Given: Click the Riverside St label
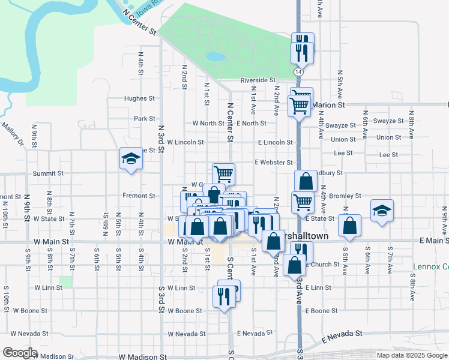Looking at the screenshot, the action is (258, 80).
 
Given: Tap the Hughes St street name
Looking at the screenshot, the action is (139, 98).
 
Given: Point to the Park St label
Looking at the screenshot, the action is (145, 119).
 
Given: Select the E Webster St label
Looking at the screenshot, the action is (273, 163).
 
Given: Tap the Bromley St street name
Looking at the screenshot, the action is (345, 196).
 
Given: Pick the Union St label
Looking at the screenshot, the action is (343, 139).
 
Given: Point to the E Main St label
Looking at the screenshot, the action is (433, 241).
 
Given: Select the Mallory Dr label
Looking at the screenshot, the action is (12, 135).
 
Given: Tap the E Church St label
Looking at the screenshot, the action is (322, 264).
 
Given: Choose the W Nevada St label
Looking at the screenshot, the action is (187, 334).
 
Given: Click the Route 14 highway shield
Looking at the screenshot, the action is (298, 71).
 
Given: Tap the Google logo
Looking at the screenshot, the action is (20, 352).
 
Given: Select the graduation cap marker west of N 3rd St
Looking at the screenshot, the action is (130, 159).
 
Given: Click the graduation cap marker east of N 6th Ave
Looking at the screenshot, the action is (382, 211).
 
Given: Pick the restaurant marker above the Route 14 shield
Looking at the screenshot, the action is (303, 52).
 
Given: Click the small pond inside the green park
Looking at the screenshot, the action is (215, 57).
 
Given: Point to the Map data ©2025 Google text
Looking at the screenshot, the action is (412, 355).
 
